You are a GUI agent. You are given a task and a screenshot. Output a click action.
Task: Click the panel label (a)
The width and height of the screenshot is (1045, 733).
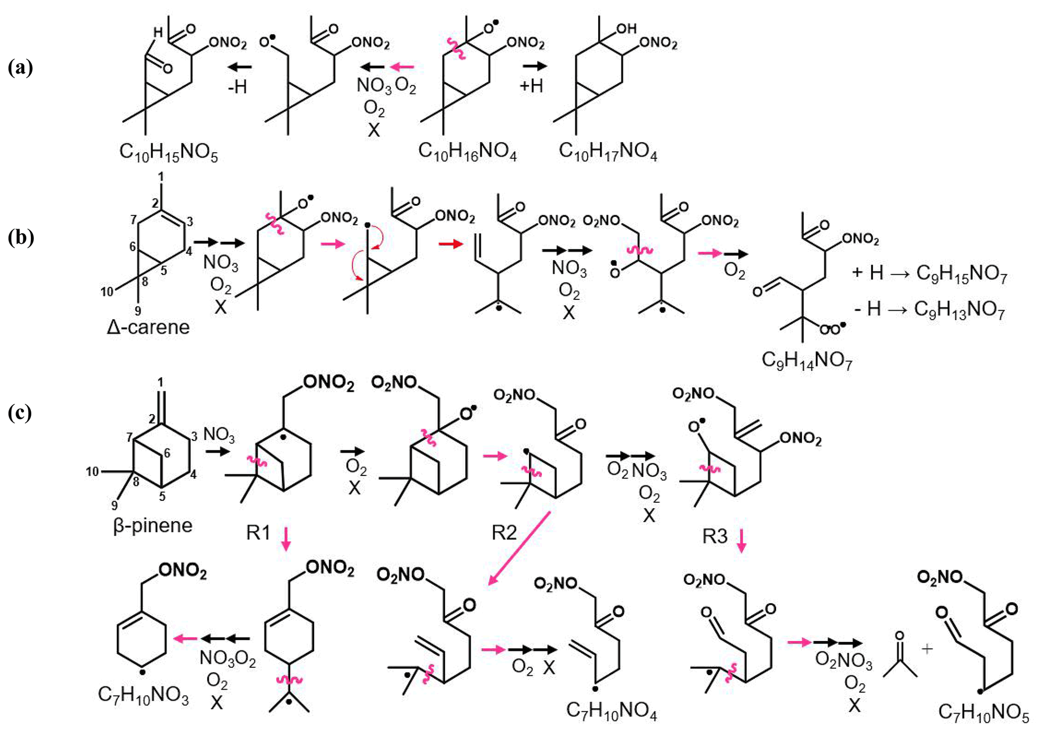[x=20, y=67]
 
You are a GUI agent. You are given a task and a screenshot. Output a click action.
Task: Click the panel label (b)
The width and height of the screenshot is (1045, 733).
[x=20, y=237]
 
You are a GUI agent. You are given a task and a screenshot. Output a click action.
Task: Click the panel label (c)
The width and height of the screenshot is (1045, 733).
[x=20, y=413]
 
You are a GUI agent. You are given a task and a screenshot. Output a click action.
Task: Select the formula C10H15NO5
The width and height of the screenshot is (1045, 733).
[x=168, y=152]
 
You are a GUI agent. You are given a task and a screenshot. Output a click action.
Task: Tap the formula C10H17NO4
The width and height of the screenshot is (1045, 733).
[x=608, y=151]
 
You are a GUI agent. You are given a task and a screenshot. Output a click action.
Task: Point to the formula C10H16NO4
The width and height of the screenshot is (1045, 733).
[x=467, y=151]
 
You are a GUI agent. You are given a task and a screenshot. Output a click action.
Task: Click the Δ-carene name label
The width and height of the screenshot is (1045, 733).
[x=148, y=327]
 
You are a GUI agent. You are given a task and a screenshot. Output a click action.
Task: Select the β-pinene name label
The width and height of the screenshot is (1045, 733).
[x=153, y=526]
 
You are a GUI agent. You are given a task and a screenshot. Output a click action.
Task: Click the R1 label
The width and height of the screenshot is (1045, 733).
[x=258, y=533]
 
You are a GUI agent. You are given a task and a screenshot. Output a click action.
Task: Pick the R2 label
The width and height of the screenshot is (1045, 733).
[x=504, y=533]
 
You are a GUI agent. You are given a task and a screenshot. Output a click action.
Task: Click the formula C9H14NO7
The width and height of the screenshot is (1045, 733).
[x=807, y=361]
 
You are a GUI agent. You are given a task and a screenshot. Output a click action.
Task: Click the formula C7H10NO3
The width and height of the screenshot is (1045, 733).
[x=143, y=695]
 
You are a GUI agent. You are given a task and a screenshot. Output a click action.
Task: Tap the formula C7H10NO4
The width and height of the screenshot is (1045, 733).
[x=611, y=711]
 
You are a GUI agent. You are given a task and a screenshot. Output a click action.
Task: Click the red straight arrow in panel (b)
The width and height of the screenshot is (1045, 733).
[x=450, y=244]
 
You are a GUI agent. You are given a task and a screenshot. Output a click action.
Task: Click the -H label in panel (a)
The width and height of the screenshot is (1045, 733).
[x=237, y=87]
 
